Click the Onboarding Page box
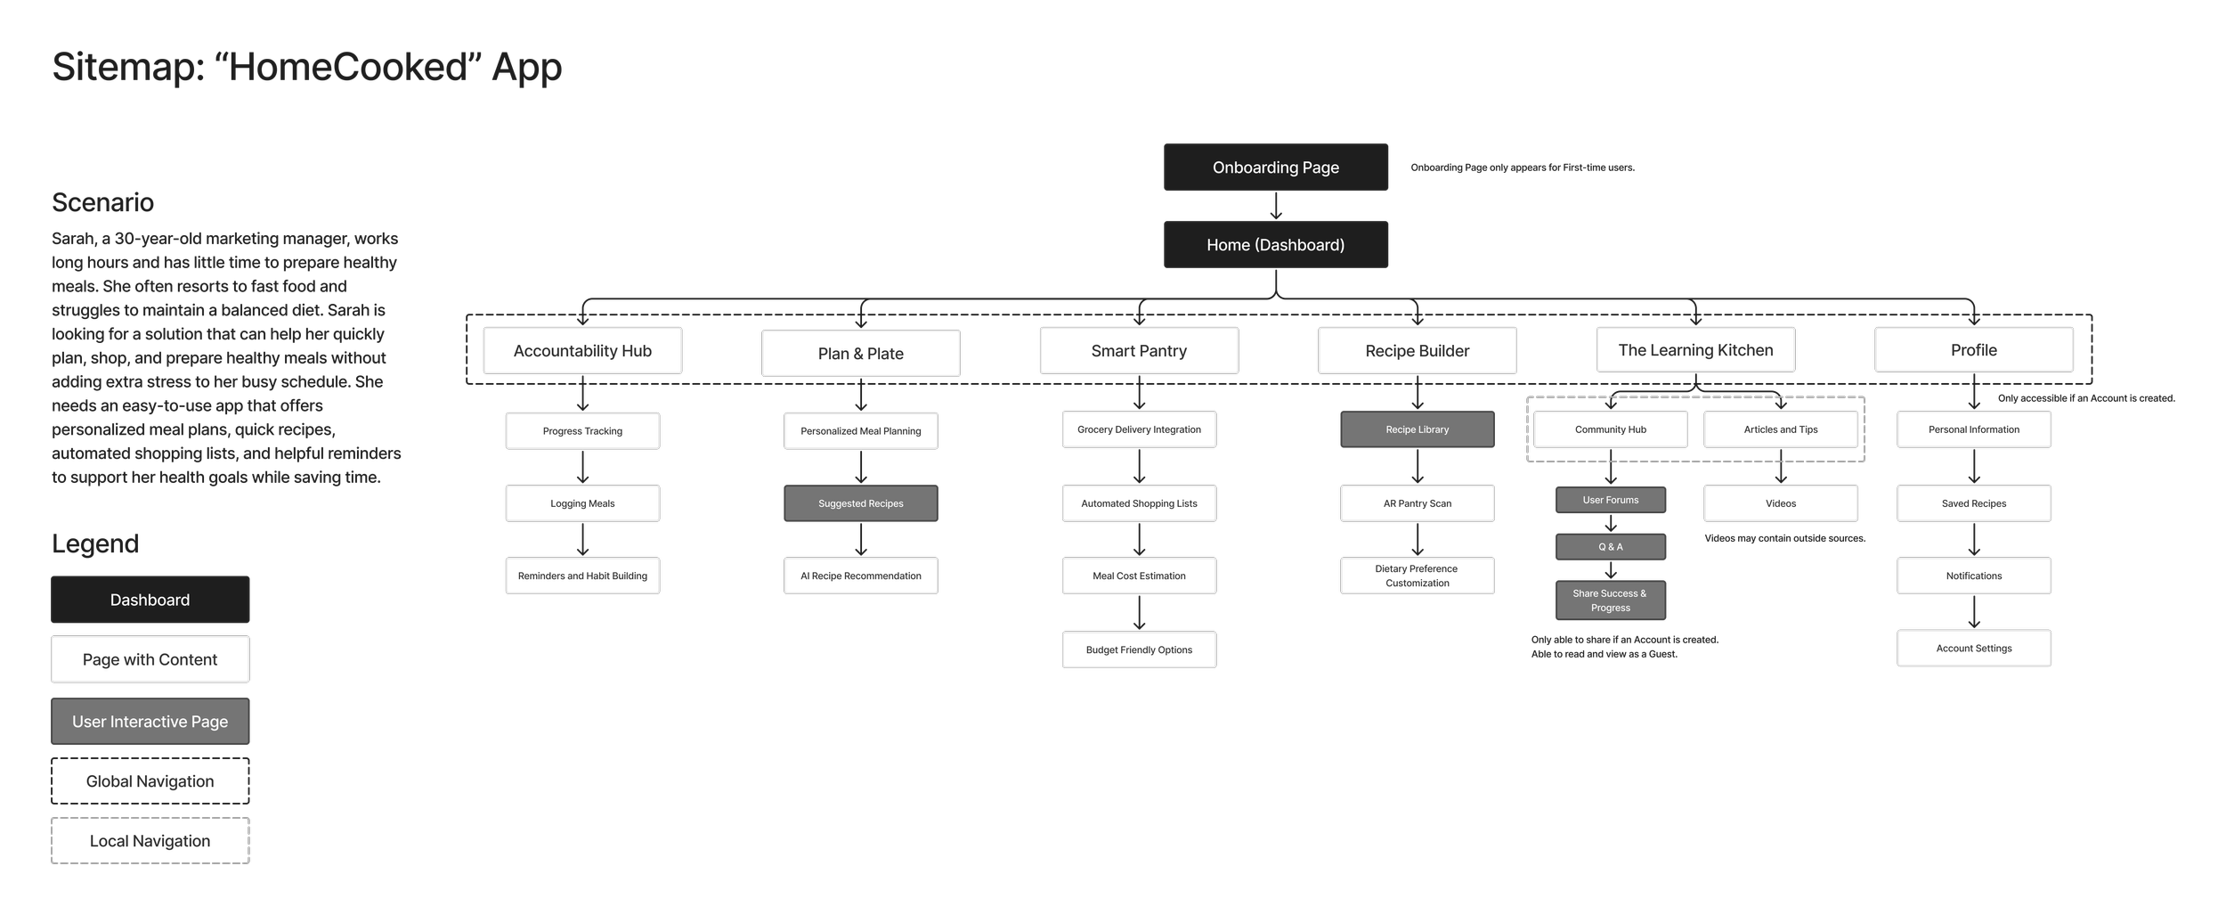(1275, 167)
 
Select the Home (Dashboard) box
(1275, 245)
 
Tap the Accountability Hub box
(582, 351)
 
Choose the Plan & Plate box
(860, 354)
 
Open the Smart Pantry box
(1139, 351)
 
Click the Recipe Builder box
(1417, 351)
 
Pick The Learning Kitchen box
(1695, 350)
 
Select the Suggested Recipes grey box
(860, 503)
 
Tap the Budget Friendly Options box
(1139, 649)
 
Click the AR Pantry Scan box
(1417, 503)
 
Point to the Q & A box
(1610, 547)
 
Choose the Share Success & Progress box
(1610, 600)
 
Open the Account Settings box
(1973, 649)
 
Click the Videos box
(1780, 503)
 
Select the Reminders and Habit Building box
(582, 576)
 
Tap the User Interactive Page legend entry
(150, 722)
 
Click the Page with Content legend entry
(150, 659)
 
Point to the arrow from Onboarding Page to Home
(1275, 206)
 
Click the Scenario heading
(102, 203)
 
